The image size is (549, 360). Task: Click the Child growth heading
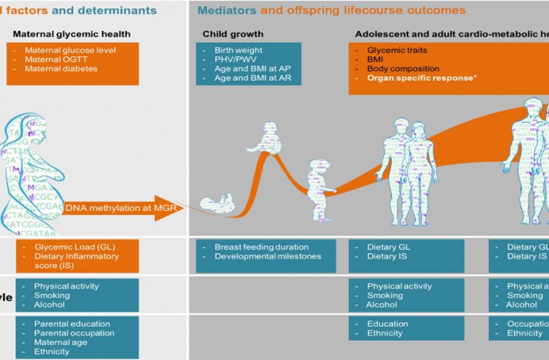pos(233,34)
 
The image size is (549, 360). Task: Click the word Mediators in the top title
pos(227,10)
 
